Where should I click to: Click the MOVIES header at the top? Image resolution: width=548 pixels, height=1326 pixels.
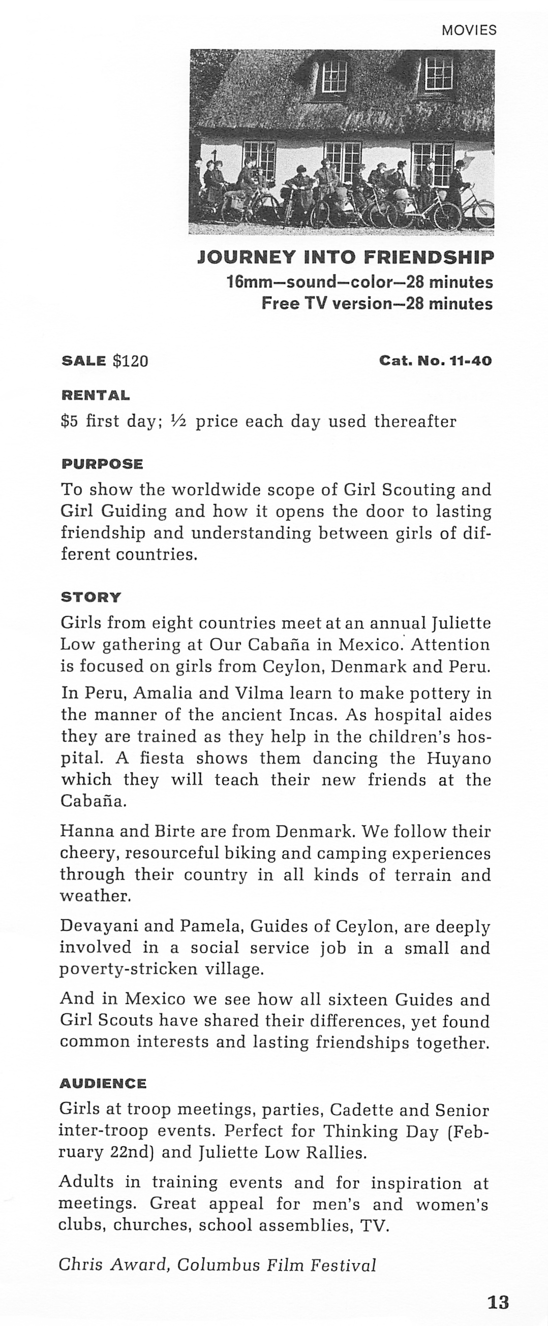pos(469,30)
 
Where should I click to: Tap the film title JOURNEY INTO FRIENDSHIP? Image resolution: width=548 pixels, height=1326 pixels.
pos(346,257)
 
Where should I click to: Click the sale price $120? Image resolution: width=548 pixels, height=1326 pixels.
pos(130,361)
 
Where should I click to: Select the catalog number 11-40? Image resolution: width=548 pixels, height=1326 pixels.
pos(471,361)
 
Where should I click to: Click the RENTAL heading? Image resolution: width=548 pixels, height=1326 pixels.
pos(95,395)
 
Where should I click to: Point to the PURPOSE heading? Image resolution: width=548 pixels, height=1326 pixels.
pos(102,464)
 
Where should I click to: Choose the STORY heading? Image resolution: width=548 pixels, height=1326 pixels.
pos(90,597)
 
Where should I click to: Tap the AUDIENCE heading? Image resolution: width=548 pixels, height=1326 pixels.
pos(103,1084)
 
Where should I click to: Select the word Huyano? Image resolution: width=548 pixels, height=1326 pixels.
pos(459,759)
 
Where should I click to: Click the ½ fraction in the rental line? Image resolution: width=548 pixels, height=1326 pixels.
pos(179,422)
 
